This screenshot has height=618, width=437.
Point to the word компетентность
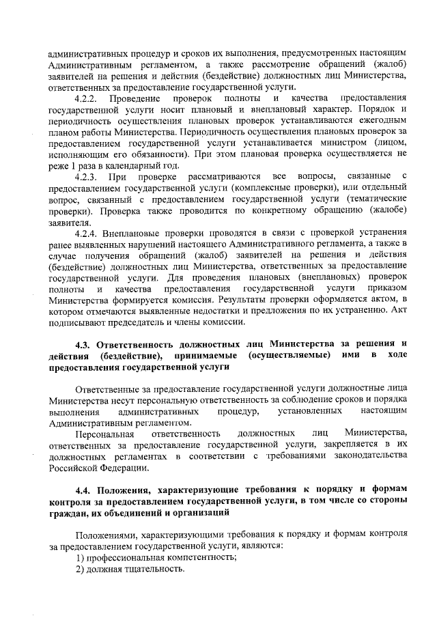tap(188, 558)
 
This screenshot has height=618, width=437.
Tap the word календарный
tap(140, 166)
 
